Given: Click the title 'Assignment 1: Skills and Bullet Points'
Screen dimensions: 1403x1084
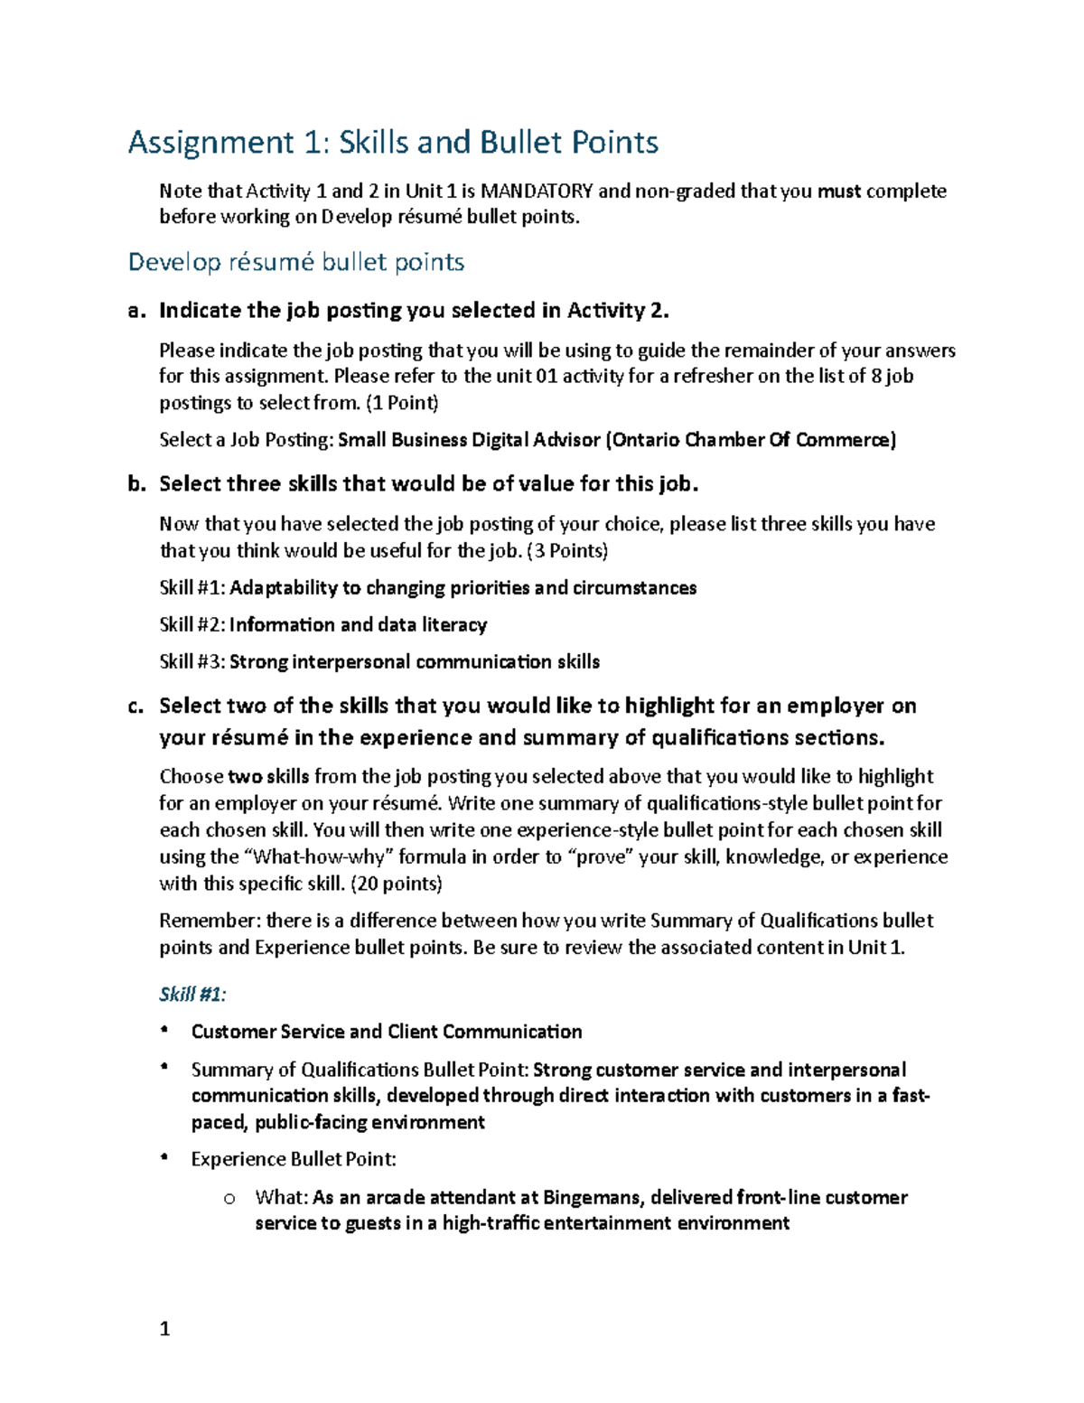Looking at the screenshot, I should (x=393, y=143).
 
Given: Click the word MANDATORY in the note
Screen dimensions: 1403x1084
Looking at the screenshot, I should (x=537, y=191).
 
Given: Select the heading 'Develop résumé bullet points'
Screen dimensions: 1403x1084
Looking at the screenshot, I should (x=295, y=262).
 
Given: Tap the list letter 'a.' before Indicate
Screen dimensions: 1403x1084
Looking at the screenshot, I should (x=136, y=311).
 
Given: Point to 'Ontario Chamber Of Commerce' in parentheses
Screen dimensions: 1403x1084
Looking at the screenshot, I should (x=752, y=440).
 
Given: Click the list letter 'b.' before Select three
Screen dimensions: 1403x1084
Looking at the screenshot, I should (x=136, y=484).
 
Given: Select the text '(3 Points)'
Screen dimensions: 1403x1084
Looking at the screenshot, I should (x=566, y=550).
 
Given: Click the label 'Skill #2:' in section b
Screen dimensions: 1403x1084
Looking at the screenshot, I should (x=192, y=625).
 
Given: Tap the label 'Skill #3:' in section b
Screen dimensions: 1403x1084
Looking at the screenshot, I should (x=192, y=662).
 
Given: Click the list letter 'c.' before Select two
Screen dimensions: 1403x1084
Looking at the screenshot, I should (x=136, y=706).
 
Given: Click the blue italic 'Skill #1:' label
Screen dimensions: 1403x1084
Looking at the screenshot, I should (x=192, y=995).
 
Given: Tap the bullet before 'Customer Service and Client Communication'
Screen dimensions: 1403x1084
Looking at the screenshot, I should (x=164, y=1030).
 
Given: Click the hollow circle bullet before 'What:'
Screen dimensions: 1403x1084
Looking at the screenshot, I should (x=229, y=1199).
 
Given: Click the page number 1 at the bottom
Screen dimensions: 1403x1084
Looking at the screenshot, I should (x=164, y=1328).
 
